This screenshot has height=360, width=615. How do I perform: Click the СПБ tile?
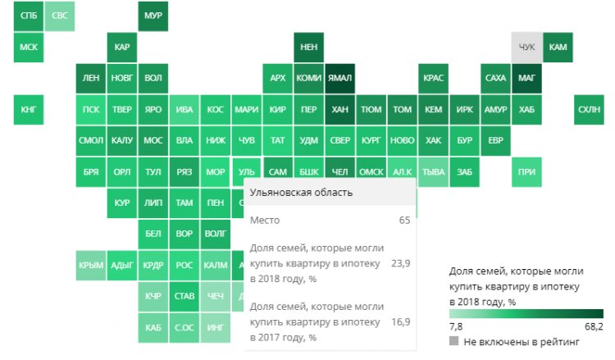pyautogui.click(x=28, y=16)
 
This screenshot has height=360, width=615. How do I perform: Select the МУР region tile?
pyautogui.click(x=153, y=16)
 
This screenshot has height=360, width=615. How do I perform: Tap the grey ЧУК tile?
pyautogui.click(x=527, y=48)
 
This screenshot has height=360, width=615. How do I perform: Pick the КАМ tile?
pyautogui.click(x=558, y=48)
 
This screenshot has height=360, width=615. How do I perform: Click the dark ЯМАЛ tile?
pyautogui.click(x=340, y=78)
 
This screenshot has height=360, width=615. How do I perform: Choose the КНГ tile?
pyautogui.click(x=28, y=109)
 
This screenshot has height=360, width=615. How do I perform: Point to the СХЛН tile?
pyautogui.click(x=589, y=109)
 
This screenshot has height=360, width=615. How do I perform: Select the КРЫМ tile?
pyautogui.click(x=91, y=265)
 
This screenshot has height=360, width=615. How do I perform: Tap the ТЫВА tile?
pyautogui.click(x=433, y=172)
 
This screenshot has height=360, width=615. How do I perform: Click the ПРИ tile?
pyautogui.click(x=527, y=172)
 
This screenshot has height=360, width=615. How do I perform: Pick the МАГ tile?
pyautogui.click(x=527, y=78)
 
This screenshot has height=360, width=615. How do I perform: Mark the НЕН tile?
pyautogui.click(x=309, y=48)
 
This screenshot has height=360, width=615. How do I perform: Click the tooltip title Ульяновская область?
pyautogui.click(x=301, y=193)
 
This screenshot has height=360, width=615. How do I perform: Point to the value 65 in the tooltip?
pyautogui.click(x=404, y=221)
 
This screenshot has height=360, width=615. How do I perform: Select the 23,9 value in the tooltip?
pyautogui.click(x=400, y=264)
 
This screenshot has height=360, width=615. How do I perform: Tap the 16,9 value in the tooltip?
pyautogui.click(x=400, y=321)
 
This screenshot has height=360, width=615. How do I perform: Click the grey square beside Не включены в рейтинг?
pyautogui.click(x=454, y=339)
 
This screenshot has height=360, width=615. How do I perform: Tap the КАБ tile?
pyautogui.click(x=153, y=328)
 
